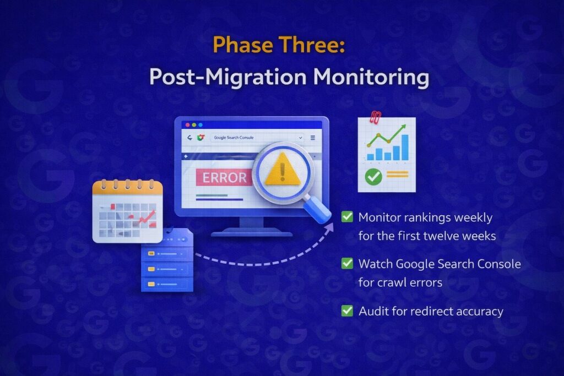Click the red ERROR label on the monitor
[224, 177]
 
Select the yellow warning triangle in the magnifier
[283, 170]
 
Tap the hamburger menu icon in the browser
[313, 138]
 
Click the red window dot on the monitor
[185, 125]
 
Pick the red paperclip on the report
[376, 117]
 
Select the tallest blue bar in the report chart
[405, 147]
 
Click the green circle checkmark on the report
[373, 177]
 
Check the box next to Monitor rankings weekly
[347, 217]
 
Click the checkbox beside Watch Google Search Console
[347, 264]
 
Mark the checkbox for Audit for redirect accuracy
[347, 311]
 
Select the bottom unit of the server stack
[167, 284]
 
